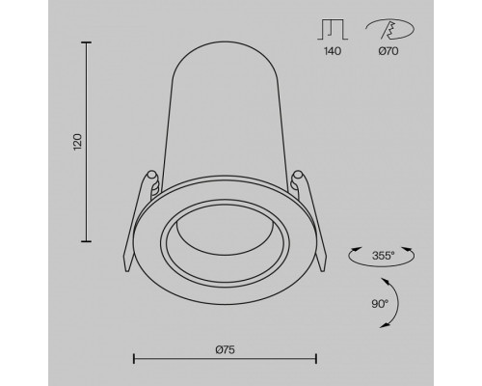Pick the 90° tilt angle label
pyautogui.click(x=379, y=304)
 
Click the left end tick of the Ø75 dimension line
pyautogui.click(x=132, y=359)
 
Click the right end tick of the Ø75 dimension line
pyautogui.click(x=316, y=359)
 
